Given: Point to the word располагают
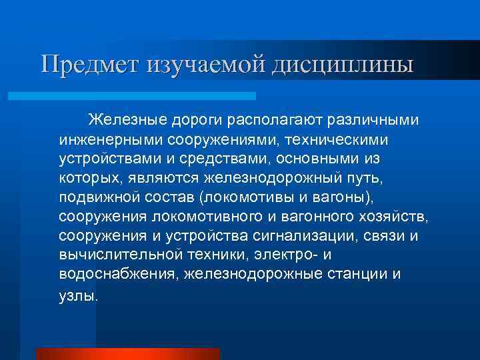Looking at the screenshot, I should coord(267,121).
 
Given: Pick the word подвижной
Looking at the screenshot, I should coord(95,198).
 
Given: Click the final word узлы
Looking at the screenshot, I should coord(78,295).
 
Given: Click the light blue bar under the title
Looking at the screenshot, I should coord(133,95).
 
